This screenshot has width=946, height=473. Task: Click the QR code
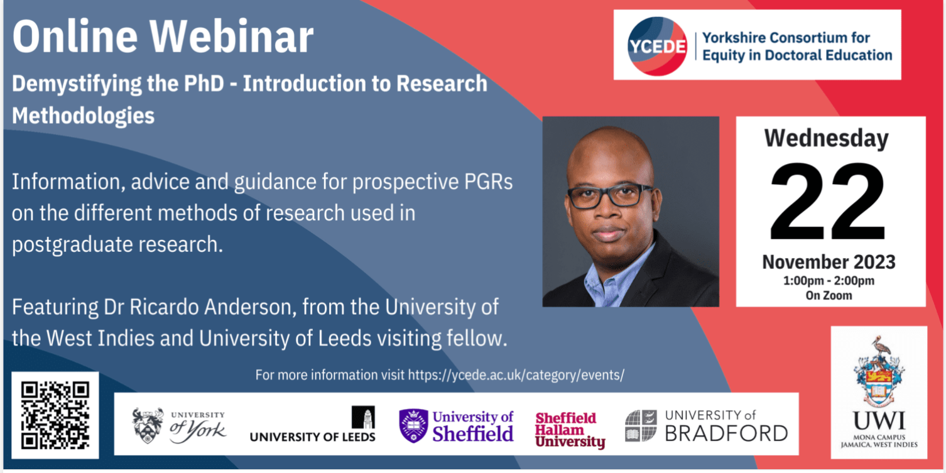pos(55,416)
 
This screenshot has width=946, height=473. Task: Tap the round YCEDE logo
pos(657,46)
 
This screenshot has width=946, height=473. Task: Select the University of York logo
pos(179,426)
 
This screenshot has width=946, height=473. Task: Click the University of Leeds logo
pos(313,425)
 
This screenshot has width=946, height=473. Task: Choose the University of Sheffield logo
pos(456,426)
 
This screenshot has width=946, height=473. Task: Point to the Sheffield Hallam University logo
pos(570,430)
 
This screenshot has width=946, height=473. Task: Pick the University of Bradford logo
pos(706,426)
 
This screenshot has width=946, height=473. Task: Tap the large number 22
pos(827,202)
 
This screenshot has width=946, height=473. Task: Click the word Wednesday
pos(827,139)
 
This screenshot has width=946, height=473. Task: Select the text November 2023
pos(829,263)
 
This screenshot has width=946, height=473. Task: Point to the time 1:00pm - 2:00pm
pos(829,281)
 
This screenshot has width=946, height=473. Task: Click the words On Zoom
pos(829,296)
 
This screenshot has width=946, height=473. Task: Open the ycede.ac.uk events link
pos(516,375)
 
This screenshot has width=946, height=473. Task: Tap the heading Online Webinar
pos(163,37)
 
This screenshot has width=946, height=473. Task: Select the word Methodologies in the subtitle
pos(83,116)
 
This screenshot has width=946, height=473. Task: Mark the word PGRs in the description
pos(489,182)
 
